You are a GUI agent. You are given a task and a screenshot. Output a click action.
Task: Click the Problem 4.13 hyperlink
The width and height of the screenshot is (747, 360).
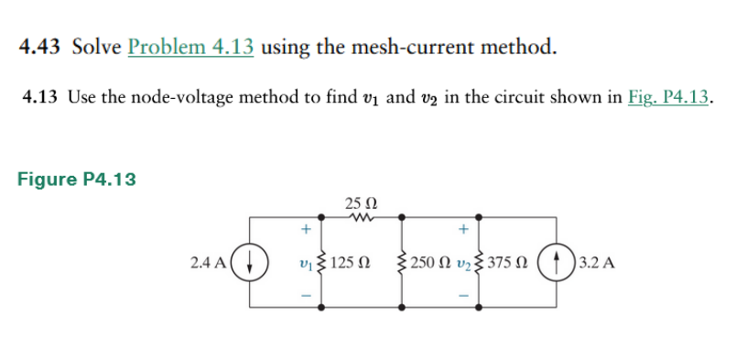191,47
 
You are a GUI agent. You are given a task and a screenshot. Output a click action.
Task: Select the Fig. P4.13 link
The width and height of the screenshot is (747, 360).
669,98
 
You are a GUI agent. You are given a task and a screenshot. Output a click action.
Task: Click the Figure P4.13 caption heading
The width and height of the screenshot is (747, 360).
77,180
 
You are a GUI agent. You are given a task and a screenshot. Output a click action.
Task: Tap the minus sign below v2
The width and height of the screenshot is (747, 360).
464,296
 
